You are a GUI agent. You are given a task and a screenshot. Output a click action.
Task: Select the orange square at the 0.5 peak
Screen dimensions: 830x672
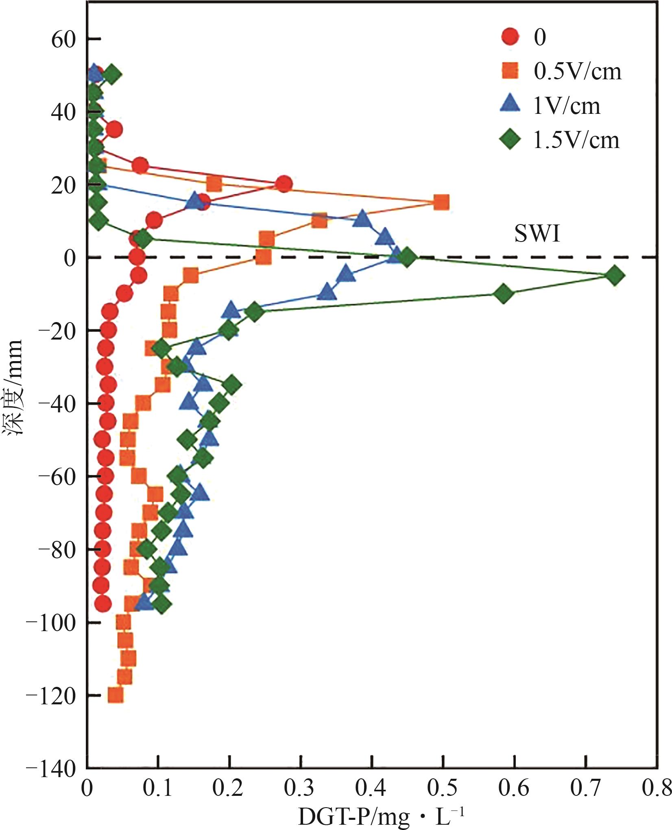pos(441,202)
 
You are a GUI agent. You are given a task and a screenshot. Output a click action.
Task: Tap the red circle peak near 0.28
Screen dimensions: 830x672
pos(284,184)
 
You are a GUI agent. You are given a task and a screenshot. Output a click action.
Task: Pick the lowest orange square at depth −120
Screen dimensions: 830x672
pos(116,695)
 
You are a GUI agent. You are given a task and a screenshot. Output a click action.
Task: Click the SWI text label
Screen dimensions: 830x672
pos(537,234)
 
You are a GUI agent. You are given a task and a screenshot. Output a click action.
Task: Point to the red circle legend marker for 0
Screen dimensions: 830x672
pos(510,37)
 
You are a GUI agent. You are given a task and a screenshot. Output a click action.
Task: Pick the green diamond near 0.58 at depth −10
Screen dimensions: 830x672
pos(503,294)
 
